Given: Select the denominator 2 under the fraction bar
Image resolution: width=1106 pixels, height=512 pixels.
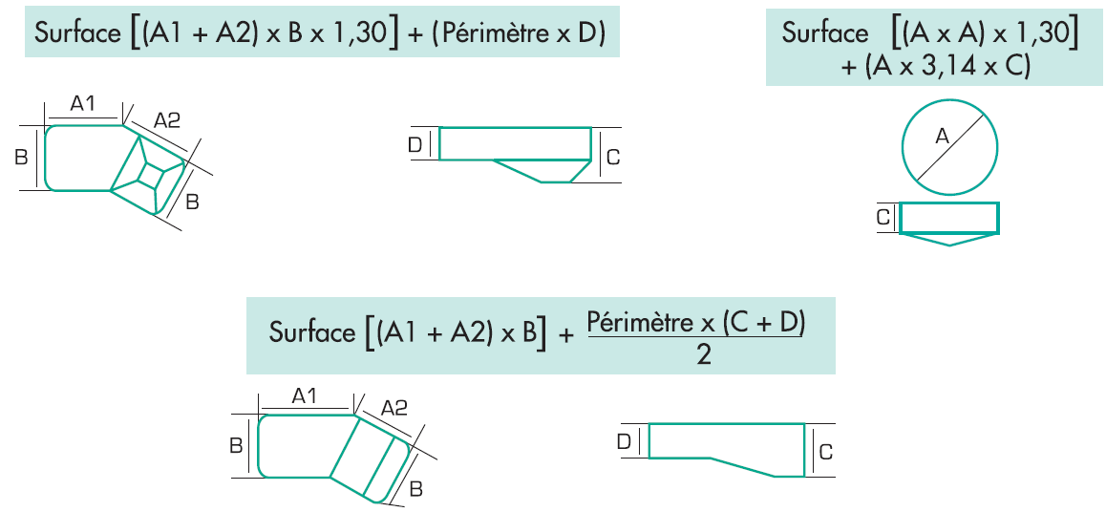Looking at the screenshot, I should click(x=703, y=355).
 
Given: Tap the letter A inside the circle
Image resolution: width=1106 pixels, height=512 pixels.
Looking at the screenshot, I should click(x=943, y=138).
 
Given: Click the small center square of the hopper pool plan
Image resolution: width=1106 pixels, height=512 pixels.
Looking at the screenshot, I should click(x=151, y=175).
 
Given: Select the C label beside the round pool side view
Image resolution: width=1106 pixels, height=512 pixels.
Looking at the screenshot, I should click(x=883, y=219).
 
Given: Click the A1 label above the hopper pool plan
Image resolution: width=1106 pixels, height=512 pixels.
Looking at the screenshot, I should click(x=84, y=103).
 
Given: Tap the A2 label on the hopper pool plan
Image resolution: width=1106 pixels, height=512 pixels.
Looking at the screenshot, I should click(x=167, y=119).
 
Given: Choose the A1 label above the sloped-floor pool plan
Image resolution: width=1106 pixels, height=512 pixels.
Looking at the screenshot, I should click(x=305, y=395).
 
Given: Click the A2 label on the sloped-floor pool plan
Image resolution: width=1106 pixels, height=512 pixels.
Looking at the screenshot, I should click(x=393, y=408).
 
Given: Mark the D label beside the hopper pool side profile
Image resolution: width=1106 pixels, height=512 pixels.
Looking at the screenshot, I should click(x=415, y=144).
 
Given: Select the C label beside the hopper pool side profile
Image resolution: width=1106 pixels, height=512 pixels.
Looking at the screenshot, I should click(x=613, y=156).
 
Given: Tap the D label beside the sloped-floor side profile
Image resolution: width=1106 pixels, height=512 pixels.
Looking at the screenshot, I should click(x=624, y=440).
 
